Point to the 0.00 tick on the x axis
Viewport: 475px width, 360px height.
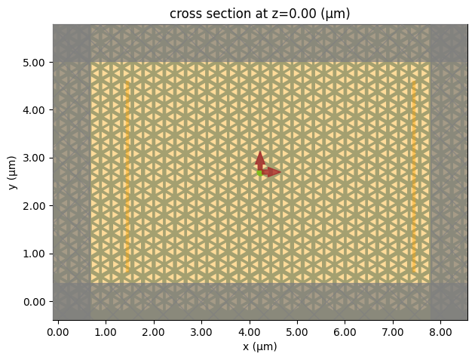tap(57, 331)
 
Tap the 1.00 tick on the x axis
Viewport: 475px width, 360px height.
tap(106, 331)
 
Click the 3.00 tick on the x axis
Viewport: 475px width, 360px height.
tap(201, 331)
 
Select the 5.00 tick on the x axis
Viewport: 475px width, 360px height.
tap(297, 331)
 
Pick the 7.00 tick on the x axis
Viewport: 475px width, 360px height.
tap(393, 331)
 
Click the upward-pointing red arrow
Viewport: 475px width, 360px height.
tap(259, 159)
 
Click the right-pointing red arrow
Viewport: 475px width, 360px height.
tap(272, 172)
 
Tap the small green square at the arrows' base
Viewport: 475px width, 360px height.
tap(259, 173)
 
